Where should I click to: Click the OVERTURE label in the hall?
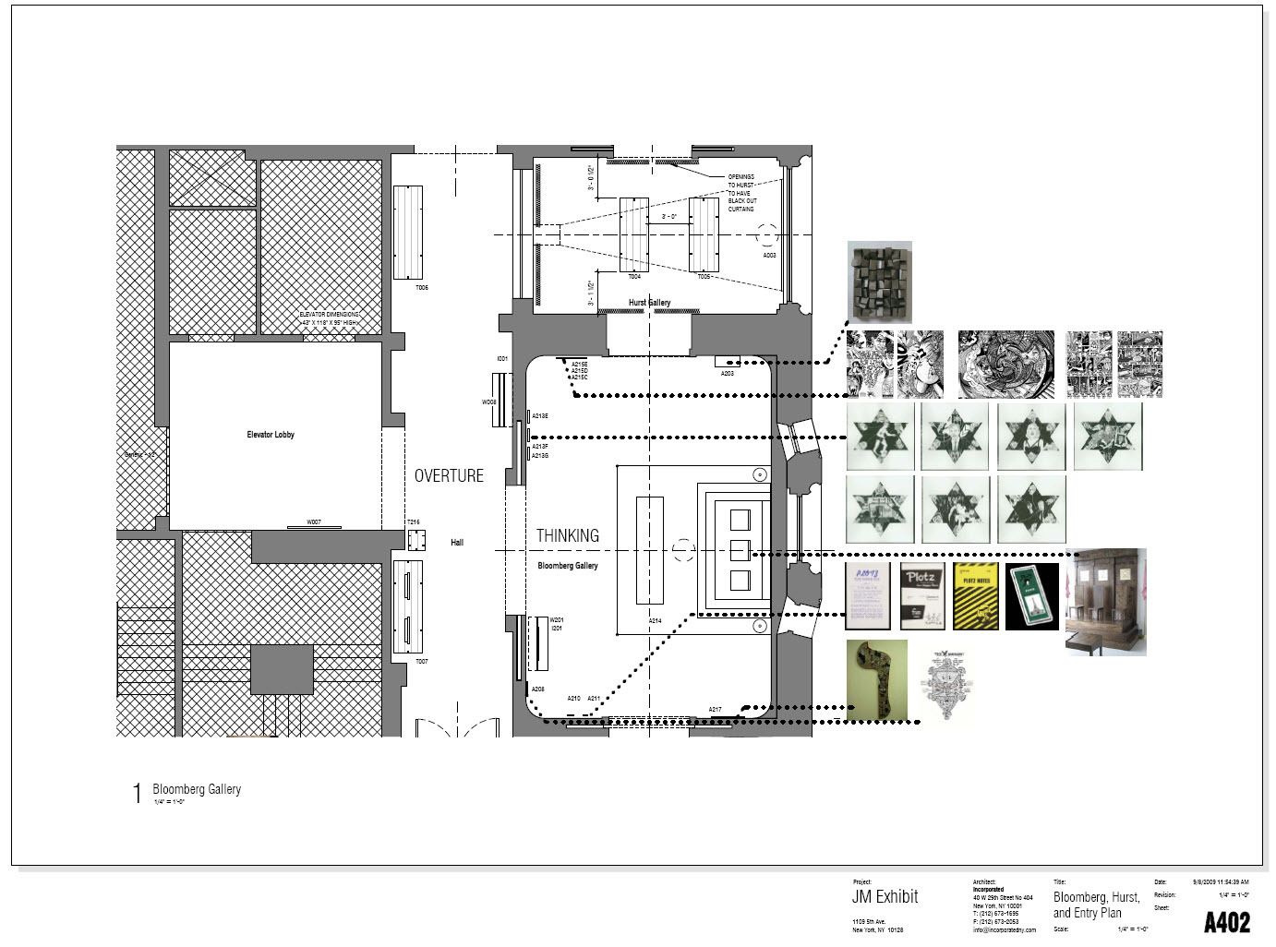(x=449, y=475)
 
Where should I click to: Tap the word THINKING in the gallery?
(x=567, y=535)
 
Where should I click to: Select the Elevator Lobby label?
(x=271, y=434)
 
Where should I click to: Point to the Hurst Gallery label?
(x=649, y=303)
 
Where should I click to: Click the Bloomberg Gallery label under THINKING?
(x=567, y=566)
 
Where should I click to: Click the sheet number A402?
(x=1226, y=921)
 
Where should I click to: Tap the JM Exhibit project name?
(x=885, y=896)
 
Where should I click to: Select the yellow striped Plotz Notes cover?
(x=976, y=596)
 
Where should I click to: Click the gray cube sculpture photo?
(x=880, y=282)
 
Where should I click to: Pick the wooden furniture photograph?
(x=1105, y=602)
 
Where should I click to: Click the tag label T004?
(x=634, y=277)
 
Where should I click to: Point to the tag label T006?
(x=421, y=288)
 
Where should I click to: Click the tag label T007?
(x=421, y=662)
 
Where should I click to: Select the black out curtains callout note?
(x=740, y=193)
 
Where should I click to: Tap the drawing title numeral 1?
(x=138, y=794)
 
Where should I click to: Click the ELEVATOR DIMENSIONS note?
(x=329, y=318)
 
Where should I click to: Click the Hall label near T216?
(x=456, y=543)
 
